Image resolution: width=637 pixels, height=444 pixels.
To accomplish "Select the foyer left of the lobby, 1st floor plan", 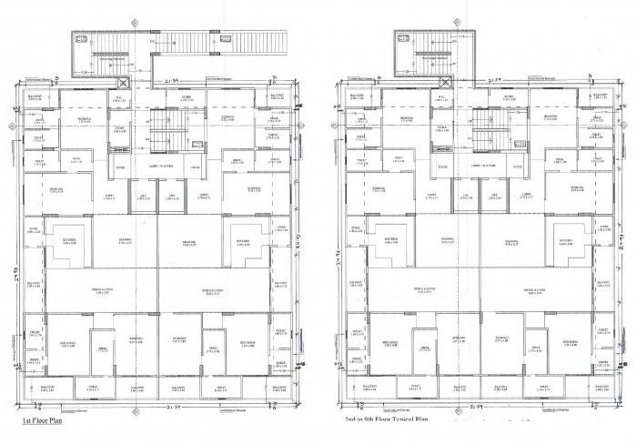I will (120, 167).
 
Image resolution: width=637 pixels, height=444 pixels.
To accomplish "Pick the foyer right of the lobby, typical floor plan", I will (517, 167).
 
